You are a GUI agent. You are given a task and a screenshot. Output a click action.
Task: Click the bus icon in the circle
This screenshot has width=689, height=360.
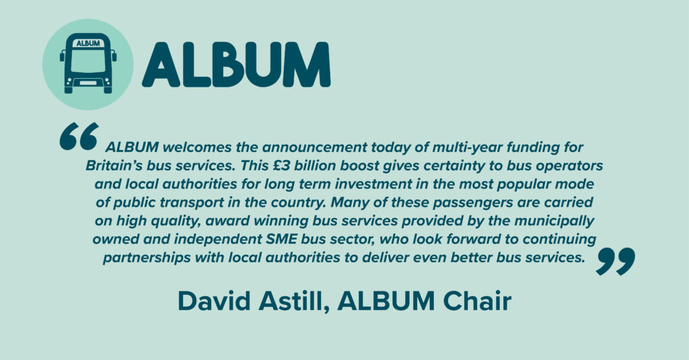tap(87, 64)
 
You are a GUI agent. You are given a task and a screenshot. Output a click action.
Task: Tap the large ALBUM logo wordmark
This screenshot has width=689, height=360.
tap(236, 65)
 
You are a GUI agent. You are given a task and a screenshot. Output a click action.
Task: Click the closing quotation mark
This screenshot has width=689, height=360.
tap(615, 261)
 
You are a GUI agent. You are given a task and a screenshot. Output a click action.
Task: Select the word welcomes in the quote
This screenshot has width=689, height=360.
tap(182, 147)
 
